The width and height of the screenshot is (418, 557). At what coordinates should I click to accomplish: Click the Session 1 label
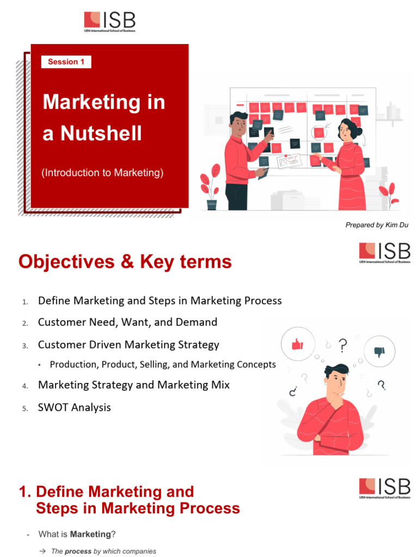(x=66, y=62)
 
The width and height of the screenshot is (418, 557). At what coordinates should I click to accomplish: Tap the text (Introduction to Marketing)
(x=102, y=173)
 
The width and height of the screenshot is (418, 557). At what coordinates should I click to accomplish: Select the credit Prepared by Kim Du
(x=377, y=225)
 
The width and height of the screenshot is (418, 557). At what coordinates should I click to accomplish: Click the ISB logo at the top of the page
(x=109, y=21)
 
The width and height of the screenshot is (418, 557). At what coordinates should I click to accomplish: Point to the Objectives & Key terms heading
(x=125, y=262)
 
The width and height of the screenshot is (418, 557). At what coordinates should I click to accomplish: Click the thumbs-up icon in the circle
(x=297, y=344)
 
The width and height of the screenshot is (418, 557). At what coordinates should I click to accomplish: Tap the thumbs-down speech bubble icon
(x=379, y=351)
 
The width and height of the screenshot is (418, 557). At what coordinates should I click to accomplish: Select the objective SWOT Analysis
(x=74, y=407)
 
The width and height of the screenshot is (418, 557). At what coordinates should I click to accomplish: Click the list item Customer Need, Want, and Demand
(x=127, y=322)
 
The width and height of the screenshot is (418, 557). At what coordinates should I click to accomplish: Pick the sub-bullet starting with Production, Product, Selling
(x=162, y=364)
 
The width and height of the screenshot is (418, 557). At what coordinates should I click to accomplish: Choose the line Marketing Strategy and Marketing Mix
(x=133, y=385)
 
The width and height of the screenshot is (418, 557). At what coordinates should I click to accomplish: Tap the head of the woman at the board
(x=346, y=129)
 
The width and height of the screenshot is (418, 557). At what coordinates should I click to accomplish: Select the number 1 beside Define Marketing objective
(x=24, y=302)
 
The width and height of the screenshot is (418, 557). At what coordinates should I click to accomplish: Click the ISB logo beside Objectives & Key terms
(x=384, y=253)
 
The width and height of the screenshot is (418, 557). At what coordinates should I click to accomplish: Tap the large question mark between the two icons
(x=342, y=345)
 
